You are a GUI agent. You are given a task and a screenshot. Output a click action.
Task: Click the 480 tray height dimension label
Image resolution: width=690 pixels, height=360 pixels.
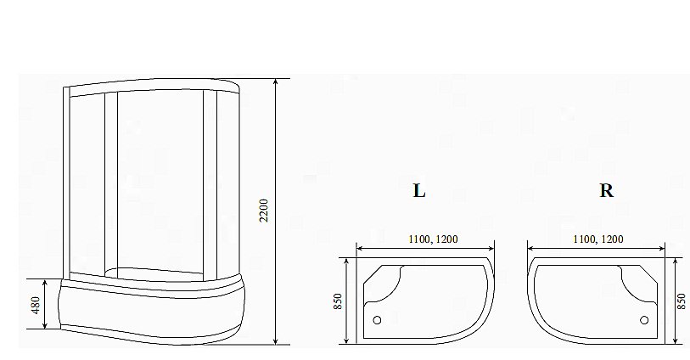click(36, 304)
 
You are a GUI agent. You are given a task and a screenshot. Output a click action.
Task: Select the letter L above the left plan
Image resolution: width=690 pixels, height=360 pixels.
click(418, 191)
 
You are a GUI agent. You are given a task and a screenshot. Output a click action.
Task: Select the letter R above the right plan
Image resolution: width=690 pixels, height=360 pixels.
click(606, 191)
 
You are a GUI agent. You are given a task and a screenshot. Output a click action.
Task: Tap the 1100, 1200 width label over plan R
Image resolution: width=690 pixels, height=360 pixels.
click(597, 239)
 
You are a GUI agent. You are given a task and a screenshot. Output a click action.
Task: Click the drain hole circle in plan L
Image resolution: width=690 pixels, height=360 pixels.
click(379, 320)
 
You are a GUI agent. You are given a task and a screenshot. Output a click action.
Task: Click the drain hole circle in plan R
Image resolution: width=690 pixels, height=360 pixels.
click(644, 320)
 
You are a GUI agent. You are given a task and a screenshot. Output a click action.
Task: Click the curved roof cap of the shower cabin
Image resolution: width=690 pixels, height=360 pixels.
click(153, 84)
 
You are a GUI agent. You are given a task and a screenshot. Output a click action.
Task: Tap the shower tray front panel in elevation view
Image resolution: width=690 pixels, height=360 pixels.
click(144, 314)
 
